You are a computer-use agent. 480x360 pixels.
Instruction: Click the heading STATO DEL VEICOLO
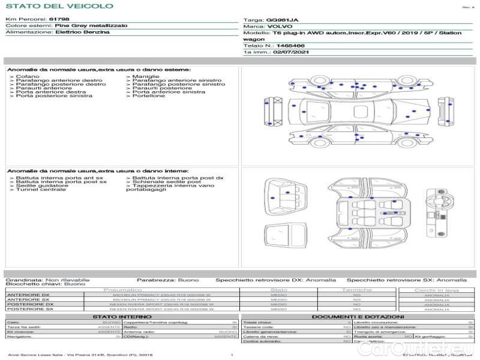click(x=59, y=7)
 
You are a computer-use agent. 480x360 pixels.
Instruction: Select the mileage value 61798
click(x=59, y=20)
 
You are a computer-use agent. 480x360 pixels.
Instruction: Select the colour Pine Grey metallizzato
click(x=91, y=26)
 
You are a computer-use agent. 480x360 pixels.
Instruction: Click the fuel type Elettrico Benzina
click(x=82, y=32)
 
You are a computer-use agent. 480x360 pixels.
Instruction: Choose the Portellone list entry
click(x=148, y=96)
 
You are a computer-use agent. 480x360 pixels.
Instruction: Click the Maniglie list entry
click(x=146, y=77)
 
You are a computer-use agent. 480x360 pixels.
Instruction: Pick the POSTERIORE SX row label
click(x=29, y=309)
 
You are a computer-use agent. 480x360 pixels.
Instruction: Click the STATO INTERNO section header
click(x=118, y=317)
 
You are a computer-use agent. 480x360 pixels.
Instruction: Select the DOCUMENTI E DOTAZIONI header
click(x=358, y=317)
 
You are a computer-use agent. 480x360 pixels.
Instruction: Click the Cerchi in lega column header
click(x=436, y=290)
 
